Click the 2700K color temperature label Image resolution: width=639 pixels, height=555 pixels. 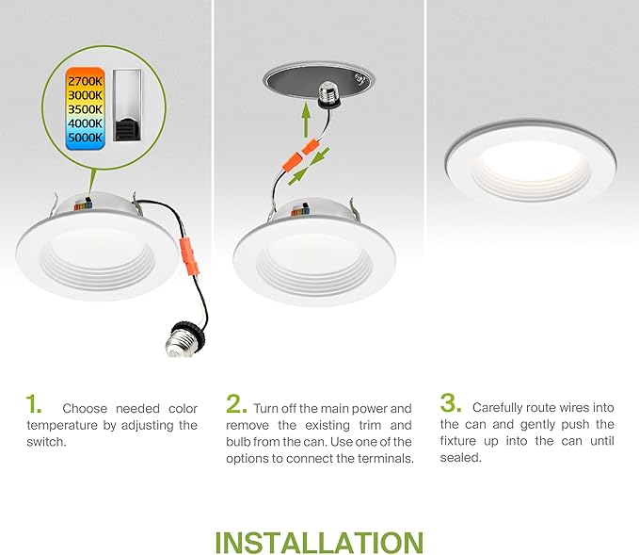(84, 79)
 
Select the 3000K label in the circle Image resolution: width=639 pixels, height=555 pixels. (84, 95)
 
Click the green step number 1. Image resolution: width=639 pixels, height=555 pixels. (35, 405)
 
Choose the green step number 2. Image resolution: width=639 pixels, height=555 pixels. (236, 405)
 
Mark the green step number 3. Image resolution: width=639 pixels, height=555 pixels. (452, 405)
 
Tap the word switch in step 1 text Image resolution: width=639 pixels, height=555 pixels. (46, 442)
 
